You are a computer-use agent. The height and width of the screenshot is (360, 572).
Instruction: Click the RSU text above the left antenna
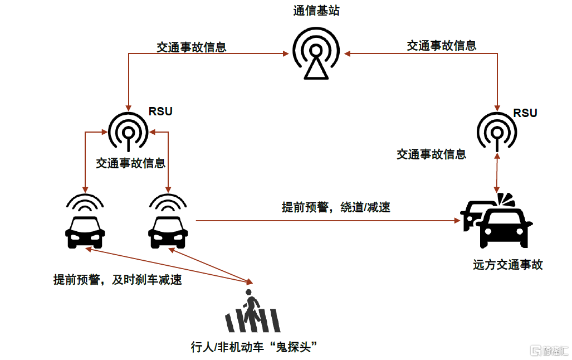click(x=160, y=111)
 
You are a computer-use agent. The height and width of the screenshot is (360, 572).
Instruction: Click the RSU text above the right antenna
click(x=525, y=113)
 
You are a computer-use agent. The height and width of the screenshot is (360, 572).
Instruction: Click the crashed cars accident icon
click(x=497, y=222)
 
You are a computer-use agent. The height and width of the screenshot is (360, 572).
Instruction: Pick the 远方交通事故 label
click(x=507, y=265)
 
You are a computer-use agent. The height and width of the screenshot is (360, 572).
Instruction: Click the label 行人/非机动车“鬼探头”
click(x=253, y=348)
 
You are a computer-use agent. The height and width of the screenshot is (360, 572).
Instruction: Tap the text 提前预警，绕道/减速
click(x=336, y=207)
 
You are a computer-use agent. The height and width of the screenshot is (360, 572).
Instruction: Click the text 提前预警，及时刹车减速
click(x=118, y=280)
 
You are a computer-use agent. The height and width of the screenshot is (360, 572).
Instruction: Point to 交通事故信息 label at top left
click(x=191, y=47)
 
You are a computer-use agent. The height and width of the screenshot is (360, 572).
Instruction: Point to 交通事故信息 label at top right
click(x=441, y=45)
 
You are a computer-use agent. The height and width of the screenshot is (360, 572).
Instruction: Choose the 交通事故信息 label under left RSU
click(x=130, y=163)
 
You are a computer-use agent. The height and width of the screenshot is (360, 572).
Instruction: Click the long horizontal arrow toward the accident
click(x=329, y=221)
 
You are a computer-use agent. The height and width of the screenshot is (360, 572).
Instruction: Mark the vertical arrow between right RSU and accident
click(x=497, y=173)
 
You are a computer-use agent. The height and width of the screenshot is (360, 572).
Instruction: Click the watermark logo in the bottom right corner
click(x=548, y=351)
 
